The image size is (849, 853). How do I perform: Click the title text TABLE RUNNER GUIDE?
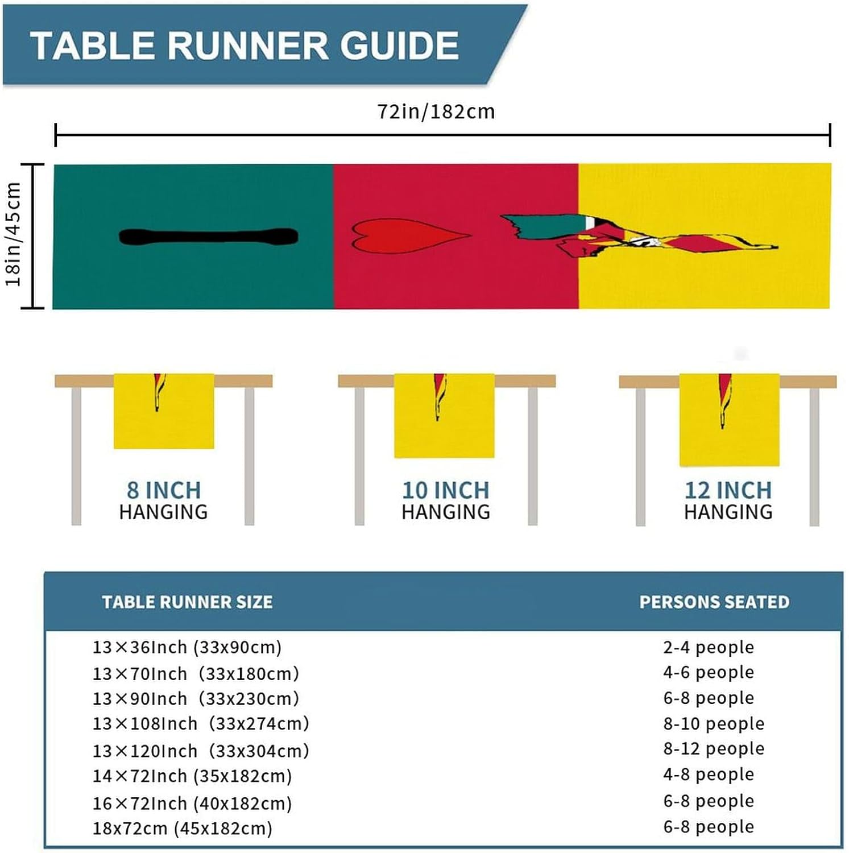pyautogui.click(x=245, y=45)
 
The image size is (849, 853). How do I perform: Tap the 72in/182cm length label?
pyautogui.click(x=436, y=111)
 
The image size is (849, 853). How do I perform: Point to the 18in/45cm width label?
pyautogui.click(x=14, y=234)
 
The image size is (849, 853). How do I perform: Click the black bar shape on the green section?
pyautogui.click(x=208, y=237)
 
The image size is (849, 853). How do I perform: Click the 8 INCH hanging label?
pyautogui.click(x=164, y=490)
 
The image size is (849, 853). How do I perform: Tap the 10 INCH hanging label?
pyautogui.click(x=445, y=490)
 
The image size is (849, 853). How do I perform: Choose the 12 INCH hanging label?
pyautogui.click(x=728, y=490)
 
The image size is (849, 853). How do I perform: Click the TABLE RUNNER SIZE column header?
pyautogui.click(x=187, y=602)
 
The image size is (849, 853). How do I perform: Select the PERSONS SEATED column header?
pyautogui.click(x=714, y=602)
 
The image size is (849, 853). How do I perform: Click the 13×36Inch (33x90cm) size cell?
pyautogui.click(x=187, y=647)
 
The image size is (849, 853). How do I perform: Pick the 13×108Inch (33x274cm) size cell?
pyautogui.click(x=201, y=723)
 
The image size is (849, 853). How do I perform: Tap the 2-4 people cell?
pyautogui.click(x=709, y=647)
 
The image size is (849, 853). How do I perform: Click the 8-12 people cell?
pyautogui.click(x=714, y=748)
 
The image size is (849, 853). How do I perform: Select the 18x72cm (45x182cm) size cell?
pyautogui.click(x=183, y=828)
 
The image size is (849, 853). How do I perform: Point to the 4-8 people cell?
pyautogui.click(x=709, y=774)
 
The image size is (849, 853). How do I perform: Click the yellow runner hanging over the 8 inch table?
pyautogui.click(x=164, y=421)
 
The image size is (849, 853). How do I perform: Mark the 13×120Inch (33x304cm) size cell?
pyautogui.click(x=201, y=751)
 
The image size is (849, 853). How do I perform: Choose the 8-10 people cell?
pyautogui.click(x=714, y=723)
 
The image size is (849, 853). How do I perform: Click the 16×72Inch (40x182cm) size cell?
pyautogui.click(x=192, y=803)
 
